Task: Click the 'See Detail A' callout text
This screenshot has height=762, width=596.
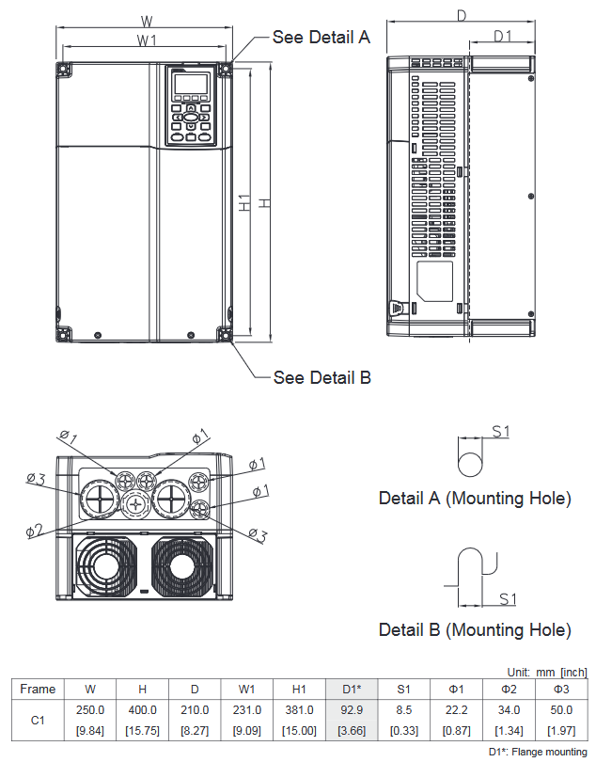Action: point(322,37)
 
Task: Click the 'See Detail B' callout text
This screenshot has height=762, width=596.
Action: point(322,377)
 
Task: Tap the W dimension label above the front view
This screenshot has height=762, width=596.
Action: point(146,20)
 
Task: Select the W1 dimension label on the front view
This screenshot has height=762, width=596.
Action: point(146,40)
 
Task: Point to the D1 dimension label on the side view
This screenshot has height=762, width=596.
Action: point(503,36)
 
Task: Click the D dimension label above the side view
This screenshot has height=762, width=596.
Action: point(462,15)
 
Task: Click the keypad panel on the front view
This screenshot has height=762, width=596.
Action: point(191,106)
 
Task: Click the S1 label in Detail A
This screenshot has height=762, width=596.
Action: point(501,431)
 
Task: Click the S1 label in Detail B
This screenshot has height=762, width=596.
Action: point(508,598)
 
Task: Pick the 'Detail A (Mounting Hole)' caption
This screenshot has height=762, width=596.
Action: point(475,499)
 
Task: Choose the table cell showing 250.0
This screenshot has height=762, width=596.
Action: point(90,710)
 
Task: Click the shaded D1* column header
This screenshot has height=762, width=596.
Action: point(352,689)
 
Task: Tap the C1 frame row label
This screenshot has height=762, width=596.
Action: point(38,721)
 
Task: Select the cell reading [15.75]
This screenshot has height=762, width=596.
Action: point(142,731)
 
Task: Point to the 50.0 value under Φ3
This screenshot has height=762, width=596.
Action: point(561,710)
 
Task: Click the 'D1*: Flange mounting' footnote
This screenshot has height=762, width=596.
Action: point(537,752)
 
